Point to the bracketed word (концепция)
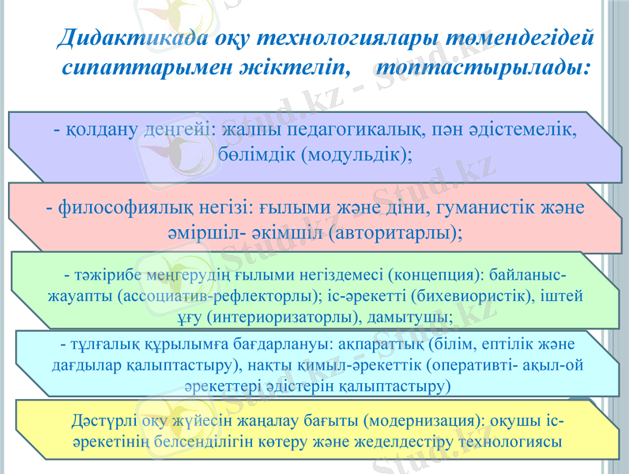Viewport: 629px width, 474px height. [436, 275]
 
